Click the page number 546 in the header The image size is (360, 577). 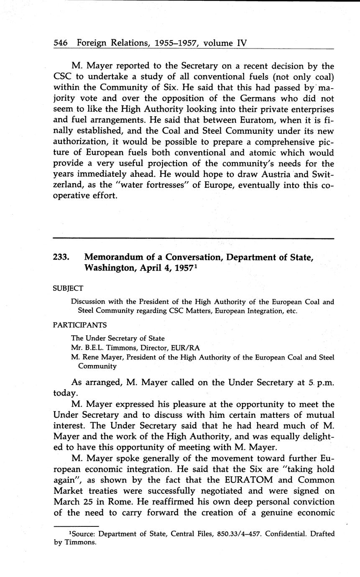[x=61, y=43]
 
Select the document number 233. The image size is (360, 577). [x=61, y=258]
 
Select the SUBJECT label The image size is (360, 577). [x=68, y=288]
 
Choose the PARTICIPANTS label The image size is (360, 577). [x=79, y=325]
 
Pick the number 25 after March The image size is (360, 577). [x=92, y=501]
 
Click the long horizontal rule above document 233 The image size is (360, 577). [x=194, y=238]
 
